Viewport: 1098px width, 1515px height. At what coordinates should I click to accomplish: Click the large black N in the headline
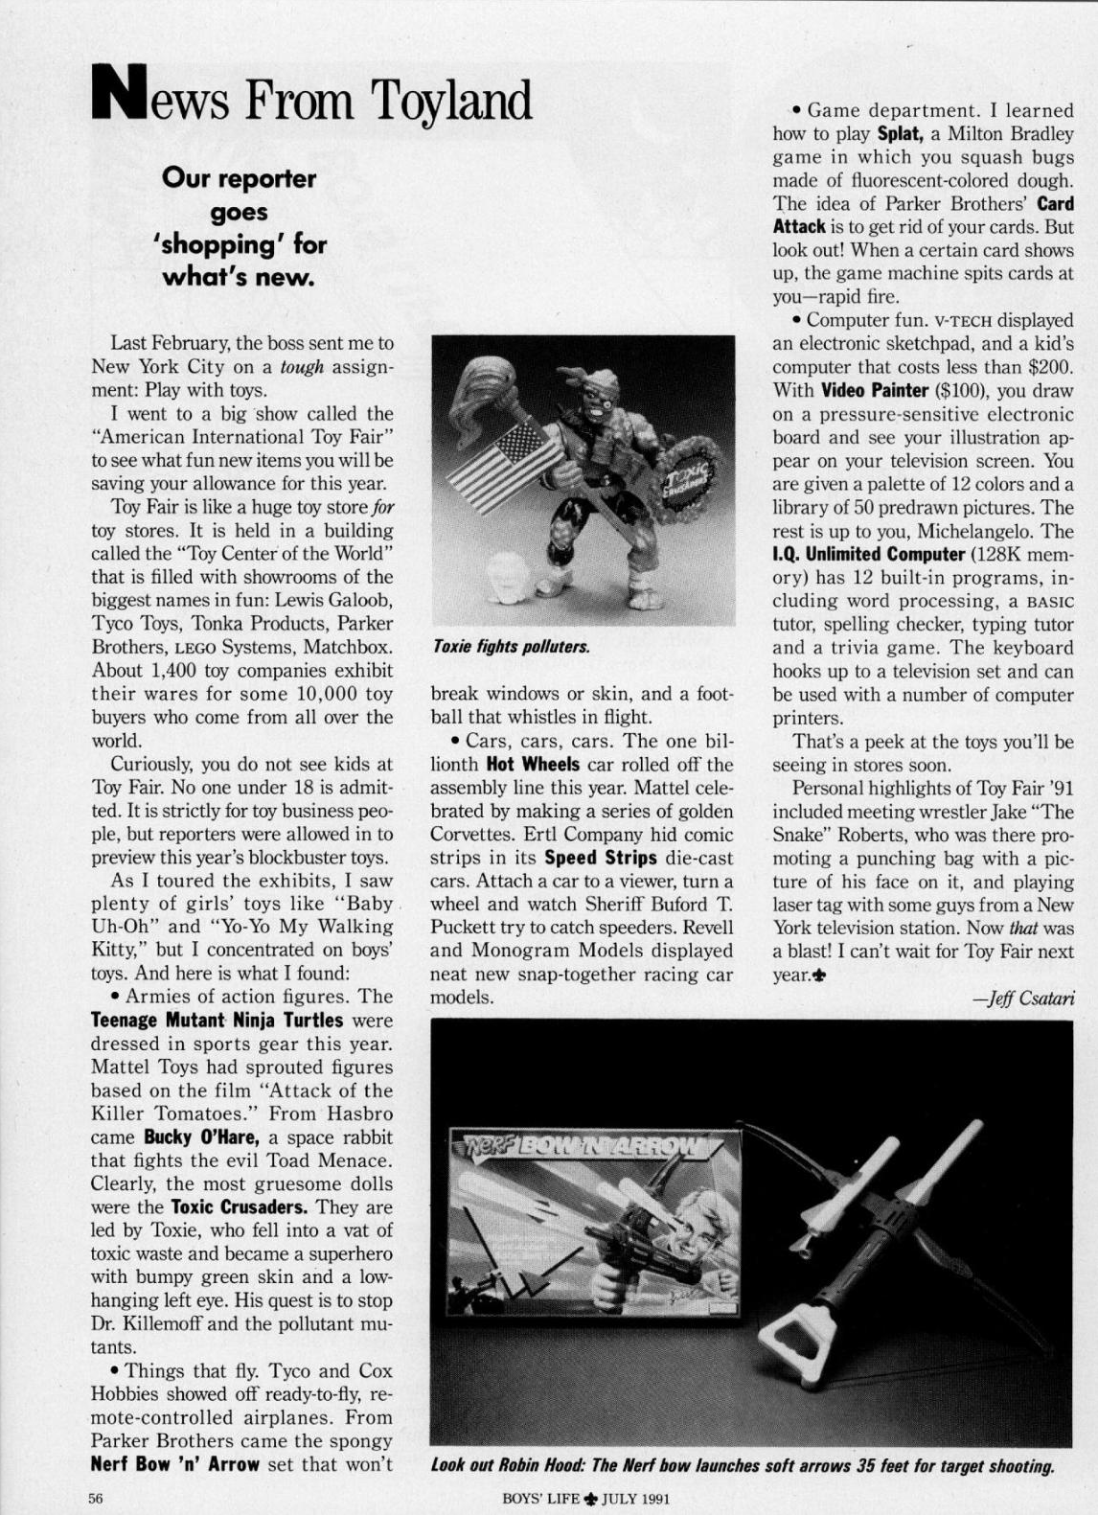pos(120,94)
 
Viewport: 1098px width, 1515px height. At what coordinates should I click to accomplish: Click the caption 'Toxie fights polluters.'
pos(510,647)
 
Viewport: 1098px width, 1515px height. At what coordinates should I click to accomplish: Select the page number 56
pos(96,1499)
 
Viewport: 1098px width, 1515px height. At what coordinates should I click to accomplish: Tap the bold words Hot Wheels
pos(533,765)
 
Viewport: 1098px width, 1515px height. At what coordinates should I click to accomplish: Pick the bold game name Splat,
pos(900,134)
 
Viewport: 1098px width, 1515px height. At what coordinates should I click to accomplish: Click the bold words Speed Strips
pos(601,858)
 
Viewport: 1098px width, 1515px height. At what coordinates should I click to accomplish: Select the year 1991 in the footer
pos(650,1499)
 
